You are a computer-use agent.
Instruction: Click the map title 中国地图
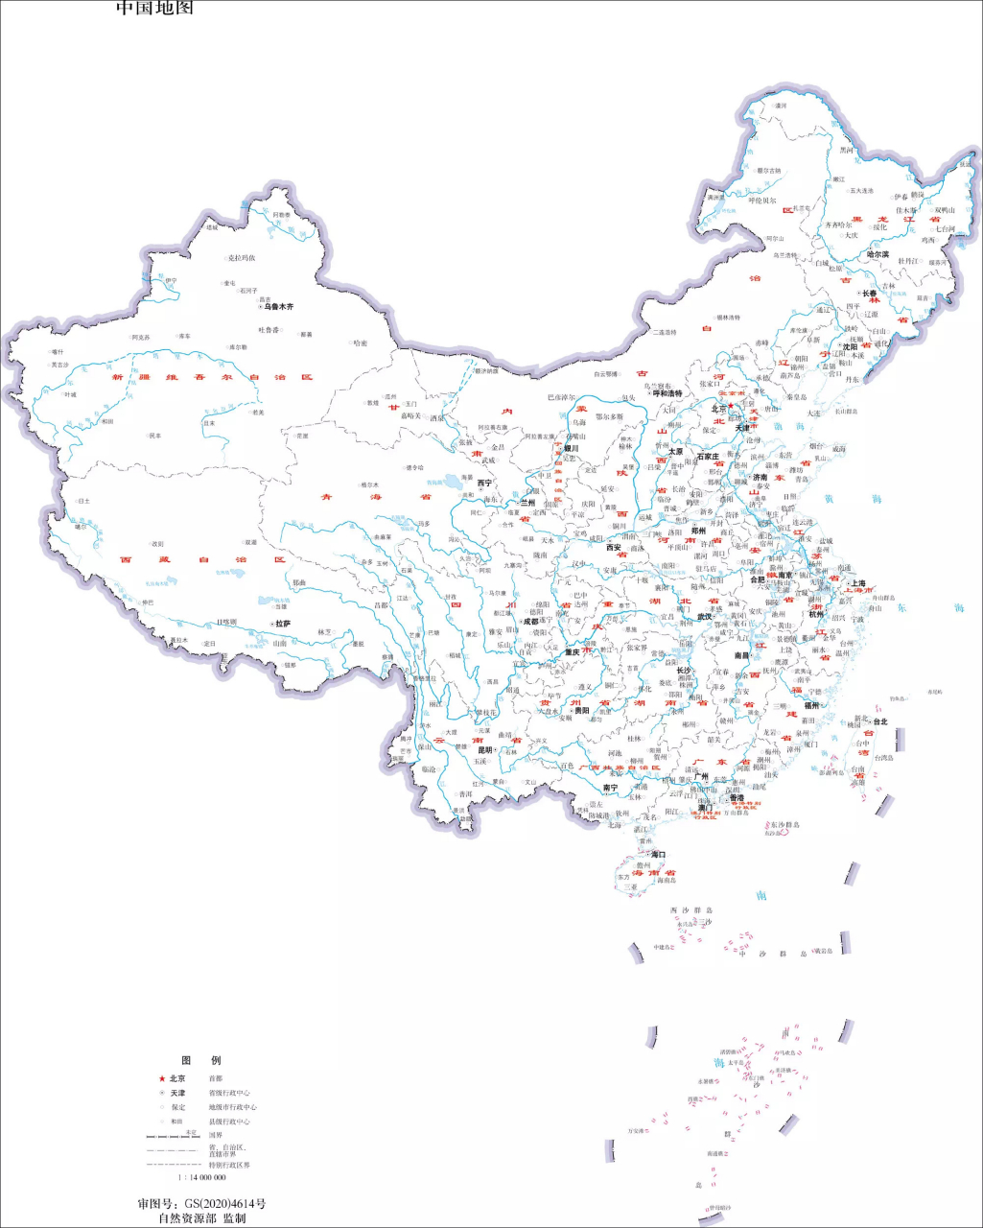click(x=154, y=8)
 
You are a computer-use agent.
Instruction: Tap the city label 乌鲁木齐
click(x=278, y=306)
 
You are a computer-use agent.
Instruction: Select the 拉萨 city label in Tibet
click(x=281, y=624)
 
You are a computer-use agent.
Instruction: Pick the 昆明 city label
click(x=484, y=750)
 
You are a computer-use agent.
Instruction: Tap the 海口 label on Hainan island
click(x=657, y=854)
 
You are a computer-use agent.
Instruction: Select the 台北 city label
click(x=879, y=721)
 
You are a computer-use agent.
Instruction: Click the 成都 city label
click(x=529, y=622)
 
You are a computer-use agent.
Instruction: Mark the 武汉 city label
click(x=705, y=617)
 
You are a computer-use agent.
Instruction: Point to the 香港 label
click(x=736, y=797)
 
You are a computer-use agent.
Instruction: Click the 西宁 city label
click(x=484, y=484)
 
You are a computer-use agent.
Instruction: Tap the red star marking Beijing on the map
click(x=731, y=405)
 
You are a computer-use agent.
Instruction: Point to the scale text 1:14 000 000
click(x=201, y=1176)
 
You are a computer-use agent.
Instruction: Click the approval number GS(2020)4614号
click(x=201, y=1203)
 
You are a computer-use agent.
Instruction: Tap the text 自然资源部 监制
click(x=201, y=1218)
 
